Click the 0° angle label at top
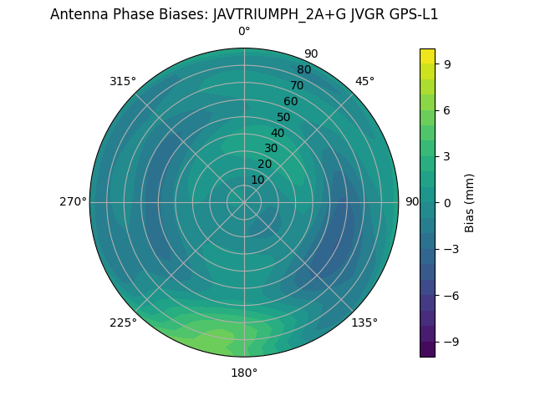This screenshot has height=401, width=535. tap(244, 32)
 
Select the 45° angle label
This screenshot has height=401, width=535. tap(364, 81)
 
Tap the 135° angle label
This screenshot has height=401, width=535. tap(364, 322)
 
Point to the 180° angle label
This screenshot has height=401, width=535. tap(244, 373)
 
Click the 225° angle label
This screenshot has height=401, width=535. tap(123, 322)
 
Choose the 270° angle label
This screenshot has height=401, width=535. tap(73, 201)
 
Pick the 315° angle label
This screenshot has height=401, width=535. tap(123, 81)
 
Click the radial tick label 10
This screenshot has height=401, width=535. tap(257, 180)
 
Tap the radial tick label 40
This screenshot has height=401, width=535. tap(278, 133)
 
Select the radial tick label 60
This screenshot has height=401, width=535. tap(291, 101)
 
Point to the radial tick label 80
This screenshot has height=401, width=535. tap(304, 69)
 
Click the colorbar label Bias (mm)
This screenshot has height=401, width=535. tap(470, 202)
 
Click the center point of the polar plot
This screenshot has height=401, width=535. tap(244, 202)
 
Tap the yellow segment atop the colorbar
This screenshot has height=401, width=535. tap(427, 56)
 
